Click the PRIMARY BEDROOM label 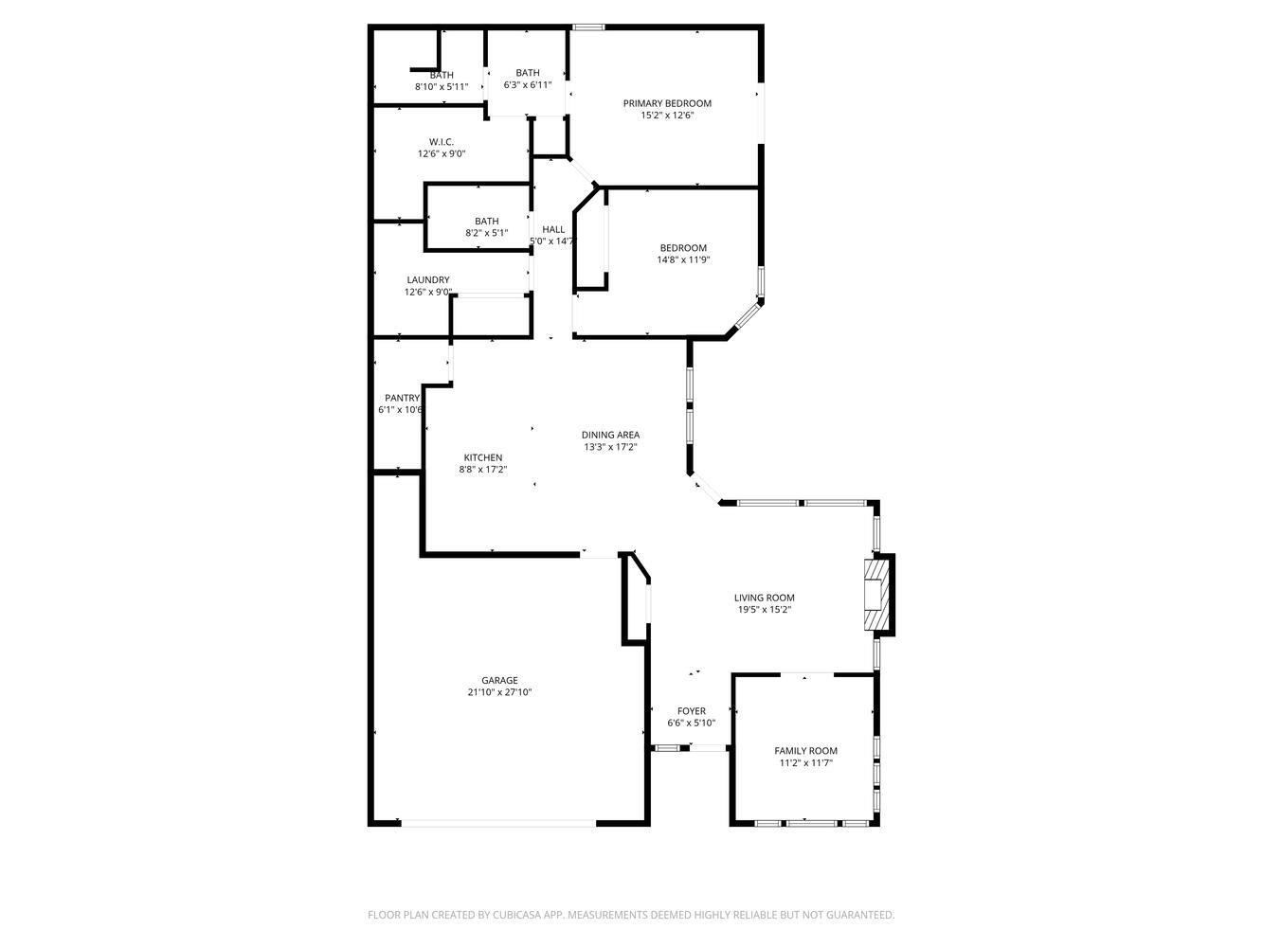[x=666, y=103]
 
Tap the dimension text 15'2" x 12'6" [x=666, y=116]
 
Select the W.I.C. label [x=441, y=142]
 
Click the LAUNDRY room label [x=427, y=280]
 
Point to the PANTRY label [x=402, y=399]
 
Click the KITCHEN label [x=482, y=457]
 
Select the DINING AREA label [x=610, y=435]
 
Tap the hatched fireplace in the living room [x=877, y=595]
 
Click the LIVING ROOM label [x=764, y=598]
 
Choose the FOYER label [x=691, y=711]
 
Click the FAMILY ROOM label [x=805, y=751]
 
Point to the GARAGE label [x=499, y=680]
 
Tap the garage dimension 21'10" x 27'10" [x=499, y=692]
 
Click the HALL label [x=553, y=229]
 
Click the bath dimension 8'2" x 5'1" [x=486, y=233]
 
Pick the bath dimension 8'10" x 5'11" [x=442, y=87]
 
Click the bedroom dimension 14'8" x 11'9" [x=683, y=259]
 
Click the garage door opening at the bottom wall [x=498, y=823]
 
